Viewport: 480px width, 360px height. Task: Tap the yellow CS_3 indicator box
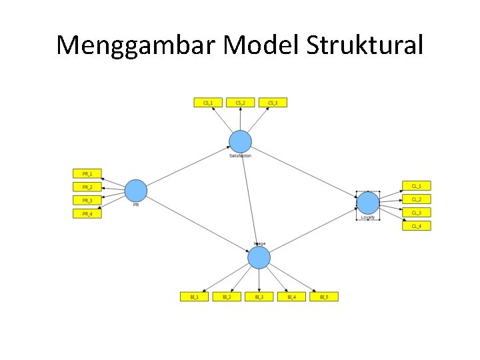272,103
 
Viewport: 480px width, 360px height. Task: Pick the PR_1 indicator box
87,173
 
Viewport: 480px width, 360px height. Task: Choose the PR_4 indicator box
87,214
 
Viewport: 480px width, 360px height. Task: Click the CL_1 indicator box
416,186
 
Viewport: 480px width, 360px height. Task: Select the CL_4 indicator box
416,226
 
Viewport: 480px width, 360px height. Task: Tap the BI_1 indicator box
195,297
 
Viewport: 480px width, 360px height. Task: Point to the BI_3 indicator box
259,297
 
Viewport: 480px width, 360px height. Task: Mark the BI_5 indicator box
324,297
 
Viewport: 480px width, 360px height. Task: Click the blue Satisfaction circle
241,141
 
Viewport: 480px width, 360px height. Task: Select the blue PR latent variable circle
136,191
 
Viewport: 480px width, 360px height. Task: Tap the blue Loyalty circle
367,203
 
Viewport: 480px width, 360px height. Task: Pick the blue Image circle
259,257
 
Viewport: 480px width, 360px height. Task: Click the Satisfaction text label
240,156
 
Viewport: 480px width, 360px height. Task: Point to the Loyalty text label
367,217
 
